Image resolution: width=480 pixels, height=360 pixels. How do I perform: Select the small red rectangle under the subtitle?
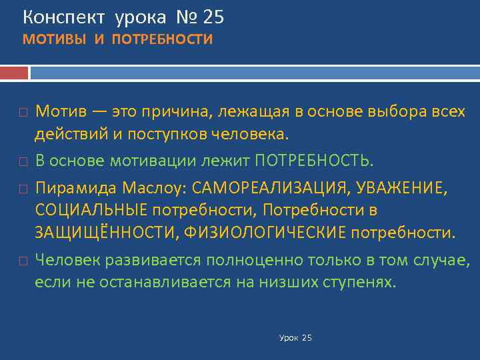pos(14,72)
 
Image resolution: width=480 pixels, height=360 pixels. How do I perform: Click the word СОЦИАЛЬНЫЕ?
pos(91,211)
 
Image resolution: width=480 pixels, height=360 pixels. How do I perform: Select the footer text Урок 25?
pos(295,338)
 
